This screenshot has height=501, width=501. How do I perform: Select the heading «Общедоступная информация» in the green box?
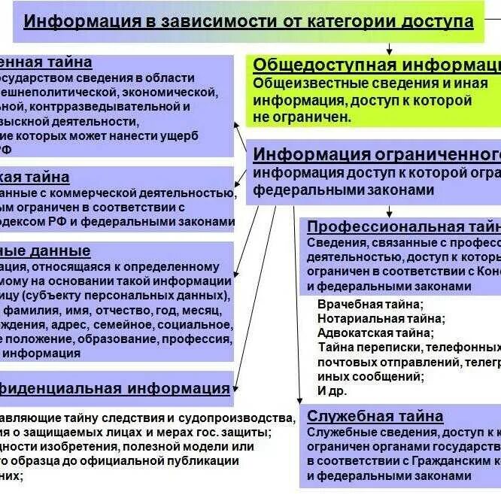[376, 65]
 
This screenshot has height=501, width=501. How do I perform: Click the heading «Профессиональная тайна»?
[403, 226]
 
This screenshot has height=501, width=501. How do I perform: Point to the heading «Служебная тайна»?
[375, 416]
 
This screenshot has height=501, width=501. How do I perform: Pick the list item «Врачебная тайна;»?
[370, 304]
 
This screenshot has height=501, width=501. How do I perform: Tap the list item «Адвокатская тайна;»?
[375, 332]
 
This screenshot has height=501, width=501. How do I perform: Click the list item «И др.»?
[332, 390]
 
